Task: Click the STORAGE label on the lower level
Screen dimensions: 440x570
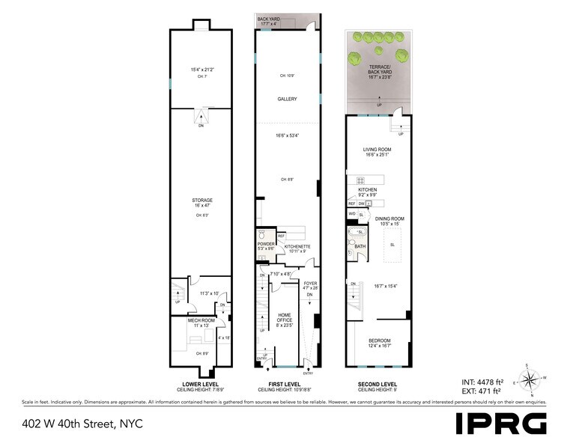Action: pyautogui.click(x=202, y=200)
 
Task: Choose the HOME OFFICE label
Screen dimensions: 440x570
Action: pyautogui.click(x=285, y=318)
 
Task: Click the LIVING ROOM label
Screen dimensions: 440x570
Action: pyautogui.click(x=378, y=150)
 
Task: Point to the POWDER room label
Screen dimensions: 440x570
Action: pyautogui.click(x=266, y=243)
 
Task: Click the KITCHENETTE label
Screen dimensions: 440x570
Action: pyautogui.click(x=297, y=246)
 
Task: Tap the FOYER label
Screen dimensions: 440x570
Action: pyautogui.click(x=310, y=283)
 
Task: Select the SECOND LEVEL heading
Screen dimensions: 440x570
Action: pyautogui.click(x=377, y=385)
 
